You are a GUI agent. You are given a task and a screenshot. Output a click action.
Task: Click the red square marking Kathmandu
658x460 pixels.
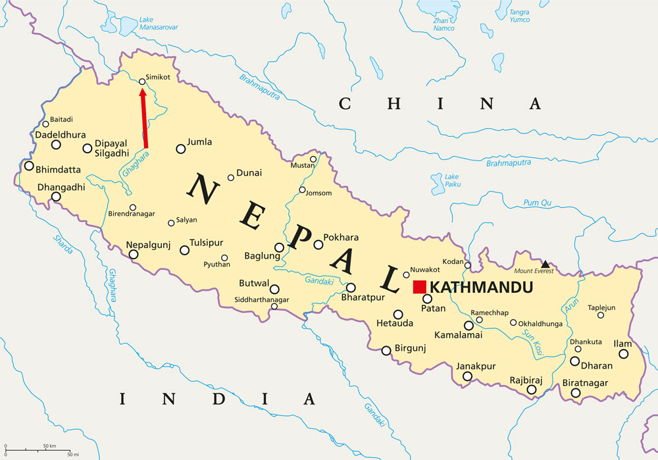point(419,287)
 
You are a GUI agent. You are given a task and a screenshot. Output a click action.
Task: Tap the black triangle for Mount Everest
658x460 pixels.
point(545,264)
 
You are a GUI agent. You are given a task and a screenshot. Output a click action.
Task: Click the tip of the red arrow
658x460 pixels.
point(142,90)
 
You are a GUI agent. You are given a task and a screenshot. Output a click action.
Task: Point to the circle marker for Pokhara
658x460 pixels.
point(318,245)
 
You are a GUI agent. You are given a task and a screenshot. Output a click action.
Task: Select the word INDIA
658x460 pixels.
point(216,399)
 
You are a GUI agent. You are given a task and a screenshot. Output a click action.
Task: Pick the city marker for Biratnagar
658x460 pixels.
point(576,393)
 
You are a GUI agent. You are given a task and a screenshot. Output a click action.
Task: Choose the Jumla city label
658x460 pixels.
point(199,141)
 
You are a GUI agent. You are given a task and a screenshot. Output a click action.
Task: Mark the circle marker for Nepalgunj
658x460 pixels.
point(134,254)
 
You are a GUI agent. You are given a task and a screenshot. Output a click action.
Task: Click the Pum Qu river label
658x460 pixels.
point(537,203)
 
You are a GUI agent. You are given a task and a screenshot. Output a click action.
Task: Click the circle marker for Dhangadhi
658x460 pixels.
point(56,197)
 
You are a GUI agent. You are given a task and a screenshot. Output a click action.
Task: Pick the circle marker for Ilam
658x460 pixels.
point(623,354)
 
